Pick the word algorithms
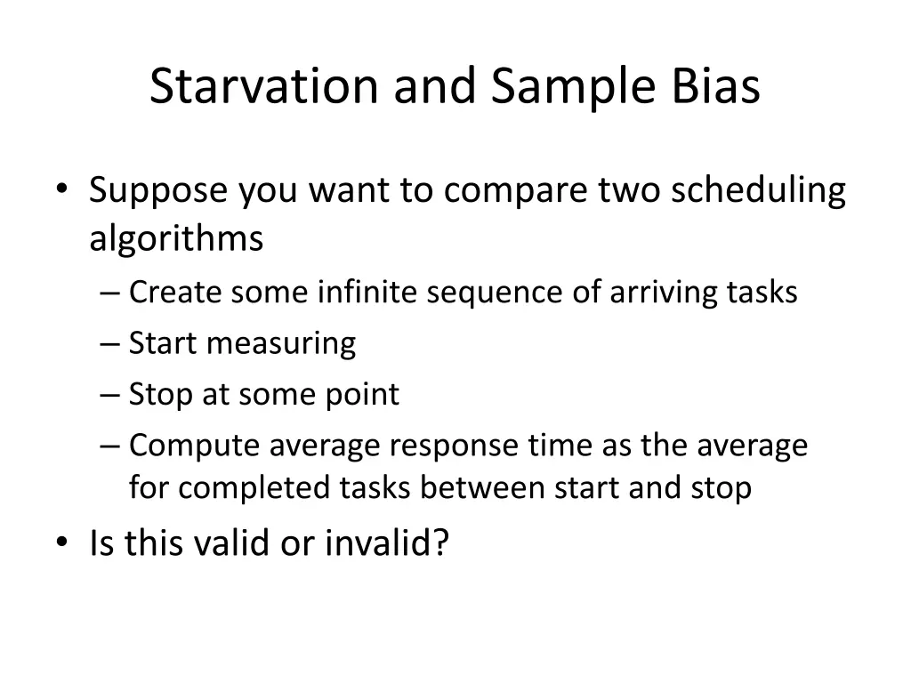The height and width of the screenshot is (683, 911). pyautogui.click(x=176, y=239)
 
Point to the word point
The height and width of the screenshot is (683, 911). pyautogui.click(x=367, y=394)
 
